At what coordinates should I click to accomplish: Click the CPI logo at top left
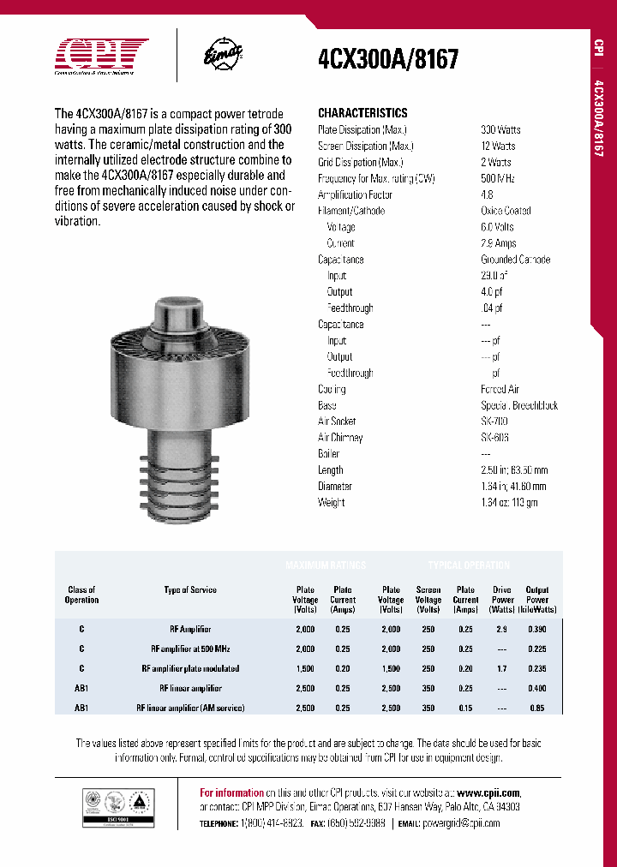click(101, 57)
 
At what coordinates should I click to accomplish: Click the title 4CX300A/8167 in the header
click(388, 59)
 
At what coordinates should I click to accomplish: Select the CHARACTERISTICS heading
click(362, 113)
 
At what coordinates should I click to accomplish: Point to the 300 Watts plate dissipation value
click(500, 129)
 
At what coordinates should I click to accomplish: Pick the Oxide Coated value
click(505, 211)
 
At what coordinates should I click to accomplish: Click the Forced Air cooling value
click(500, 389)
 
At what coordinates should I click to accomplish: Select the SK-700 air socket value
click(494, 422)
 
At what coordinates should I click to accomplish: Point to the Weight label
click(331, 503)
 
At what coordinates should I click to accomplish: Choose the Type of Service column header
click(190, 589)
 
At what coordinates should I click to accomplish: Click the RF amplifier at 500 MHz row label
click(190, 649)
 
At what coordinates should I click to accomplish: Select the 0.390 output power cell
click(537, 629)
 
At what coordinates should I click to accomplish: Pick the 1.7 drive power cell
click(502, 668)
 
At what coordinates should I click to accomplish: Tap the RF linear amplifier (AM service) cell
click(190, 708)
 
